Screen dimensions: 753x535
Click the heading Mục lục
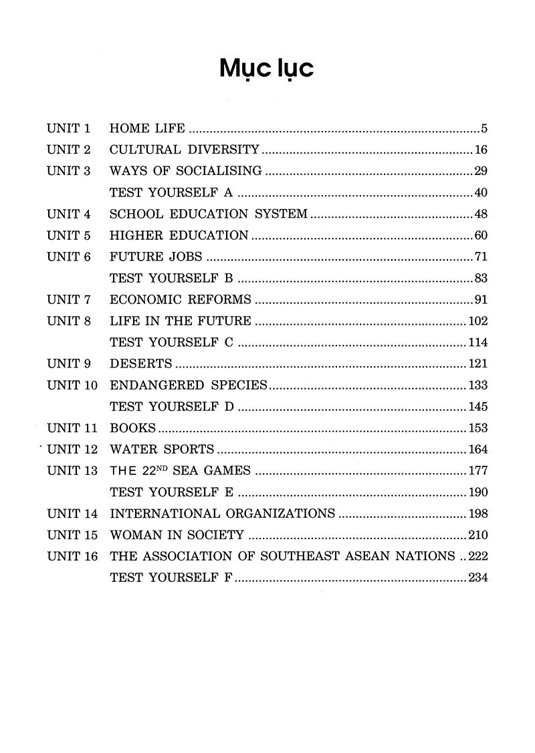coord(267,69)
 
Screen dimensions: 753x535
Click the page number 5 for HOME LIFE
coord(484,129)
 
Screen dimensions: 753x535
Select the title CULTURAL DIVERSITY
coord(184,150)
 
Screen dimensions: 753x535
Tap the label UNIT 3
coord(68,171)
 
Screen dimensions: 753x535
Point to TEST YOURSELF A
coord(171,193)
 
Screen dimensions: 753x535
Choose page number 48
coord(480,214)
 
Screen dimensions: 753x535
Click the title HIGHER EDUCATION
coord(179,236)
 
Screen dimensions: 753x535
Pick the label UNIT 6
coord(68,257)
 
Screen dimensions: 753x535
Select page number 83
coord(480,279)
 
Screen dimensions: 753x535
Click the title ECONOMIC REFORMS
coord(180,300)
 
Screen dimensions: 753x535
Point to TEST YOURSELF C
coord(171,343)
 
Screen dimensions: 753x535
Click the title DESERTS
coord(140,364)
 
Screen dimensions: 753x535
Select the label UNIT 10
coord(72,386)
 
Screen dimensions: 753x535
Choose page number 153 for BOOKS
coord(477,428)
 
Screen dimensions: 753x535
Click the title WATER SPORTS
coord(162,450)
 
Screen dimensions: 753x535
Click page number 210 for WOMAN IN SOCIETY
coord(477,535)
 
